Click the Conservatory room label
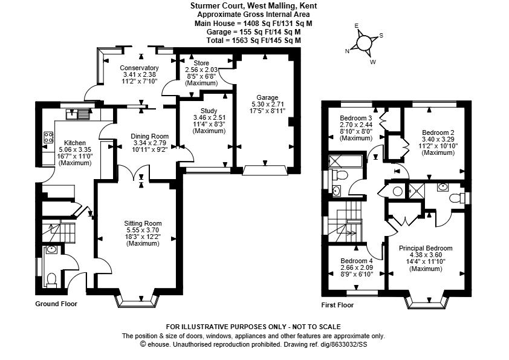pos(139,68)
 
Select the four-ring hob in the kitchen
pos(46,138)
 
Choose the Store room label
pos(201,63)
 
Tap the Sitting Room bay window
pos(137,299)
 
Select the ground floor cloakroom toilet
pos(51,278)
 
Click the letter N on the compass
pos(348,51)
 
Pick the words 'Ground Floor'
pos(56,304)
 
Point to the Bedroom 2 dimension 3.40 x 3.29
pos(438,139)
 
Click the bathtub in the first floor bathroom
pos(345,161)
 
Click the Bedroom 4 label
pos(356,261)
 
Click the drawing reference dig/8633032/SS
pos(345,344)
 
